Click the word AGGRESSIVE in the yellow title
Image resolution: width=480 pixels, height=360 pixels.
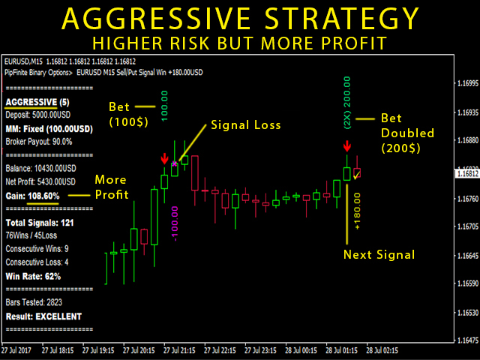(156, 19)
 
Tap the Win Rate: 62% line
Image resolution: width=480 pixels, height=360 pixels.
(33, 277)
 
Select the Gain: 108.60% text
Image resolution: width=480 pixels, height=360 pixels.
(32, 196)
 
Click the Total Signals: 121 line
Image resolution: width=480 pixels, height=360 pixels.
(40, 223)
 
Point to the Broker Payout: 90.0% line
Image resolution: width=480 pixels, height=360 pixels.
(39, 142)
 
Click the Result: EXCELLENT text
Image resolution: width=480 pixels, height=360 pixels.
(43, 316)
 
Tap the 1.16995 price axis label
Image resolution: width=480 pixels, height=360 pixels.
(467, 83)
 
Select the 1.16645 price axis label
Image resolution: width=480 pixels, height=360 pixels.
(467, 255)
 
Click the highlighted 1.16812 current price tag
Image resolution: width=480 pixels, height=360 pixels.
(467, 174)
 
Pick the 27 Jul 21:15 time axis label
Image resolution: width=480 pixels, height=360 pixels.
(179, 350)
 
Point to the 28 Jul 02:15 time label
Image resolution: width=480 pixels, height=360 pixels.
(382, 350)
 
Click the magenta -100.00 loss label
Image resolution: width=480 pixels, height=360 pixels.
(175, 223)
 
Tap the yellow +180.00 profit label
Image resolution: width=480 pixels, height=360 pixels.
(357, 211)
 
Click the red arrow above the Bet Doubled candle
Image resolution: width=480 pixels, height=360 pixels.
(346, 146)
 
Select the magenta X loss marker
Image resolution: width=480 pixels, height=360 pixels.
(175, 163)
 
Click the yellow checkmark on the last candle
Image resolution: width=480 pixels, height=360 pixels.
(357, 175)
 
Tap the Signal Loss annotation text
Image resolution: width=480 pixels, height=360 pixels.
(246, 125)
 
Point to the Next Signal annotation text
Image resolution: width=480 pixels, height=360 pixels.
(379, 255)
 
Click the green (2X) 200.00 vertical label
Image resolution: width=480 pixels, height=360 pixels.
(347, 103)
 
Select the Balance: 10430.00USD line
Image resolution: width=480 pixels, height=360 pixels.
(40, 168)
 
